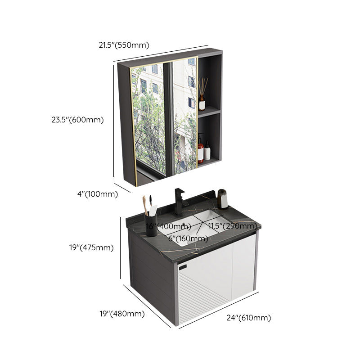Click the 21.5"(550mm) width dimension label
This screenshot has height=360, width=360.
point(123,45)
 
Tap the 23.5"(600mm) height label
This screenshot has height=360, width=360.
point(77,120)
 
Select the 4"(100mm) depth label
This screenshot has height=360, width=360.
point(97,194)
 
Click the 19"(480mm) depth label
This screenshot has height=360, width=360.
point(121,314)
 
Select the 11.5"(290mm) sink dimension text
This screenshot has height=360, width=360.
point(232,225)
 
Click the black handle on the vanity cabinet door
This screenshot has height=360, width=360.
point(182,267)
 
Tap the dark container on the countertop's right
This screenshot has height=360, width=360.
point(223,198)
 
